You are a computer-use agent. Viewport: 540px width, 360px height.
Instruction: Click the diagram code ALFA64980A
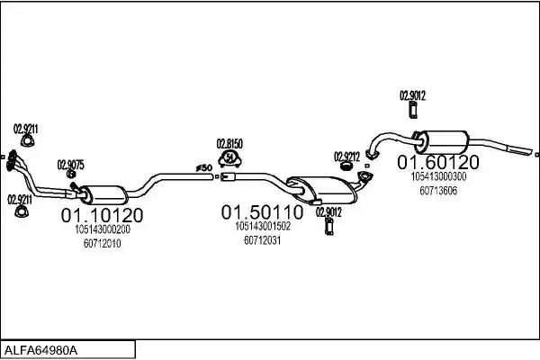(x=40, y=351)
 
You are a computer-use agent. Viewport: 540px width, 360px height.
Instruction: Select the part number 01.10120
(x=102, y=215)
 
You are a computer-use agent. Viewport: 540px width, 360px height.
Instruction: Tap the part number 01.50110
(x=262, y=212)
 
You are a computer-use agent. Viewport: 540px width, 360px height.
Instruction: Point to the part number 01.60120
(x=438, y=162)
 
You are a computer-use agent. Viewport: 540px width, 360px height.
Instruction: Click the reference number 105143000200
(x=103, y=229)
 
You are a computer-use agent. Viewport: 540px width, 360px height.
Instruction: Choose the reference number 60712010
(x=103, y=244)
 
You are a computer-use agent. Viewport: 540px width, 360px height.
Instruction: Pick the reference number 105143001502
(x=263, y=226)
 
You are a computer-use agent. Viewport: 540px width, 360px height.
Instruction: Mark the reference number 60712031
(x=263, y=240)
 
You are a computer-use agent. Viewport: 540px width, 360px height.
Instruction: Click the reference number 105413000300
(x=438, y=176)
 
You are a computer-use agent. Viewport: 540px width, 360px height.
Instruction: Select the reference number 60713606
(x=438, y=191)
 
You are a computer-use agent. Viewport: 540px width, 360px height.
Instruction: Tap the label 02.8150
(x=229, y=144)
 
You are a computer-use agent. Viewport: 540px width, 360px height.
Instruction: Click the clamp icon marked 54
(x=229, y=159)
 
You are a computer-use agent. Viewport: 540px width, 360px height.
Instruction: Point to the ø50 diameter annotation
(x=204, y=167)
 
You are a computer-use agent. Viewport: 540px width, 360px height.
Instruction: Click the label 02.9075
(x=70, y=165)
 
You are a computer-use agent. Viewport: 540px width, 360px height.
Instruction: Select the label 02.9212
(x=346, y=157)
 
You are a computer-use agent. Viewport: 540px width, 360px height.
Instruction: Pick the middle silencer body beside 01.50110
(x=322, y=190)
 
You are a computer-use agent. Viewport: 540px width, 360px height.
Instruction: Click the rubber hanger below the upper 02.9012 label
(x=412, y=110)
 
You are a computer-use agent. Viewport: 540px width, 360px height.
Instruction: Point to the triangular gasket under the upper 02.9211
(x=27, y=141)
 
